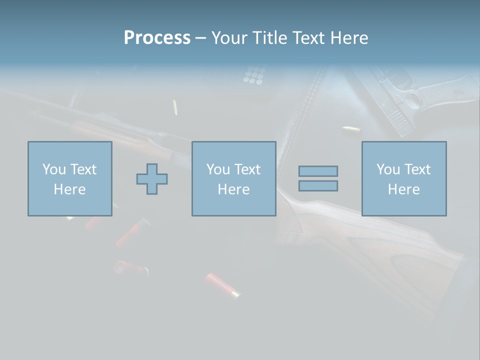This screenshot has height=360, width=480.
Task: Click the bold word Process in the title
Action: tap(157, 38)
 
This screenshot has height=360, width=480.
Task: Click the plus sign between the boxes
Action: tap(152, 178)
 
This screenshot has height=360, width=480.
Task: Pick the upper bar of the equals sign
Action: tap(318, 171)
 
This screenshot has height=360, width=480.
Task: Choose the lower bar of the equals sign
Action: tap(318, 186)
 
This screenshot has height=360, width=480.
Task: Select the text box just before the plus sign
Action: tap(70, 178)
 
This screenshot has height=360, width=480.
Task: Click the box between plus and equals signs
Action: tap(233, 178)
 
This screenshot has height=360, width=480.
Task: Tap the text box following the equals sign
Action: tap(403, 178)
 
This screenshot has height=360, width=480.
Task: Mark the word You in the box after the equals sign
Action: tap(388, 169)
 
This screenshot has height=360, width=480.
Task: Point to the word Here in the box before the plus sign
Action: tap(69, 189)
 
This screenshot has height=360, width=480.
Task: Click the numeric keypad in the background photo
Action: tap(253, 75)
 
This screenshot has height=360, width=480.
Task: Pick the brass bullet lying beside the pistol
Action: tap(351, 129)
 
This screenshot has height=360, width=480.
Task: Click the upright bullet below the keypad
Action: tap(175, 107)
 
